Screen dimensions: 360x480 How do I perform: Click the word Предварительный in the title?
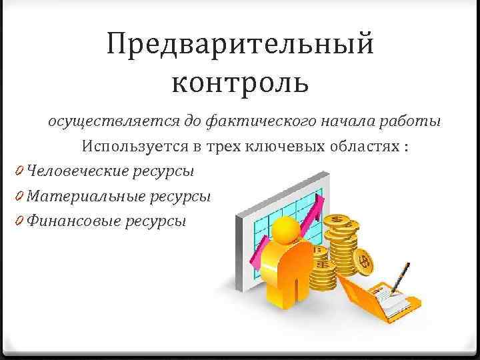click(x=240, y=46)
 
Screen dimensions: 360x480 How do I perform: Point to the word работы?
click(x=413, y=122)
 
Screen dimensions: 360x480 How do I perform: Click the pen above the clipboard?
click(x=402, y=273)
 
